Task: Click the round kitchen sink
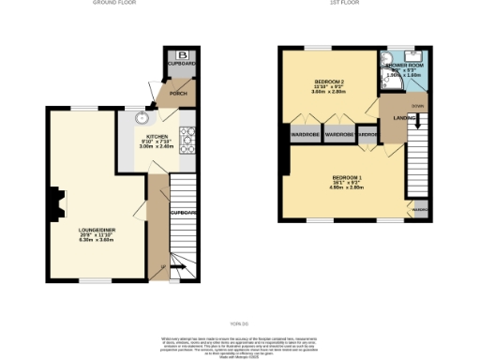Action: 142,118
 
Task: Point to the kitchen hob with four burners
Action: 187,142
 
